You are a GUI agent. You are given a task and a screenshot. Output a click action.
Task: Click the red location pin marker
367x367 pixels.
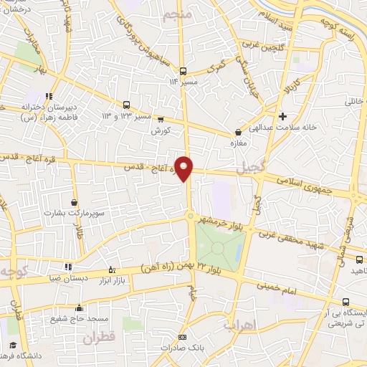pyautogui.click(x=185, y=168)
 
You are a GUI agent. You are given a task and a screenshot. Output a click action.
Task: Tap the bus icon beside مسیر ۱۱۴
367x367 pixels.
pyautogui.click(x=183, y=70)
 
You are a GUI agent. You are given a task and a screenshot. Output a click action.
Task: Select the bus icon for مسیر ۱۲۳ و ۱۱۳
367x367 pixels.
pyautogui.click(x=126, y=104)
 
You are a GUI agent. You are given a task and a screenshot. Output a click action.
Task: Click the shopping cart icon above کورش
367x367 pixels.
pyautogui.click(x=161, y=120)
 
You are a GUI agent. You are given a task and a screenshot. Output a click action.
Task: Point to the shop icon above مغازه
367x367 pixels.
pyautogui.click(x=238, y=132)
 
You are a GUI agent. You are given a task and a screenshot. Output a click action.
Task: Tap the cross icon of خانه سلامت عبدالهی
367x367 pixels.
pyautogui.click(x=283, y=116)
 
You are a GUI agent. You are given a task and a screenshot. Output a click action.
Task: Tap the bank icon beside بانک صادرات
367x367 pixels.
pyautogui.click(x=182, y=337)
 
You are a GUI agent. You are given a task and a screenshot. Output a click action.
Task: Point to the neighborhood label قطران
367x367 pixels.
pyautogui.click(x=100, y=338)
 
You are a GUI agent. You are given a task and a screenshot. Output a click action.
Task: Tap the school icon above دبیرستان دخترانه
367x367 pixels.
pyautogui.click(x=49, y=96)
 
